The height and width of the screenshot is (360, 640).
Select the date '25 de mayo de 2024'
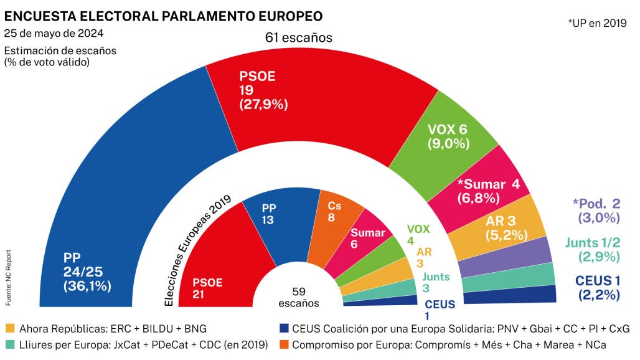point(54,33)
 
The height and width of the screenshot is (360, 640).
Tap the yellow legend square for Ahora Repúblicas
point(9,328)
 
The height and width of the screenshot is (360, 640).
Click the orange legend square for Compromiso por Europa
point(285,344)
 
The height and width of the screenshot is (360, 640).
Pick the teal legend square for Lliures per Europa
point(9,344)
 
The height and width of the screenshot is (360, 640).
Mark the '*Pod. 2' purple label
point(596,204)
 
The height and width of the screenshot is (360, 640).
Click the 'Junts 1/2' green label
point(593,243)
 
